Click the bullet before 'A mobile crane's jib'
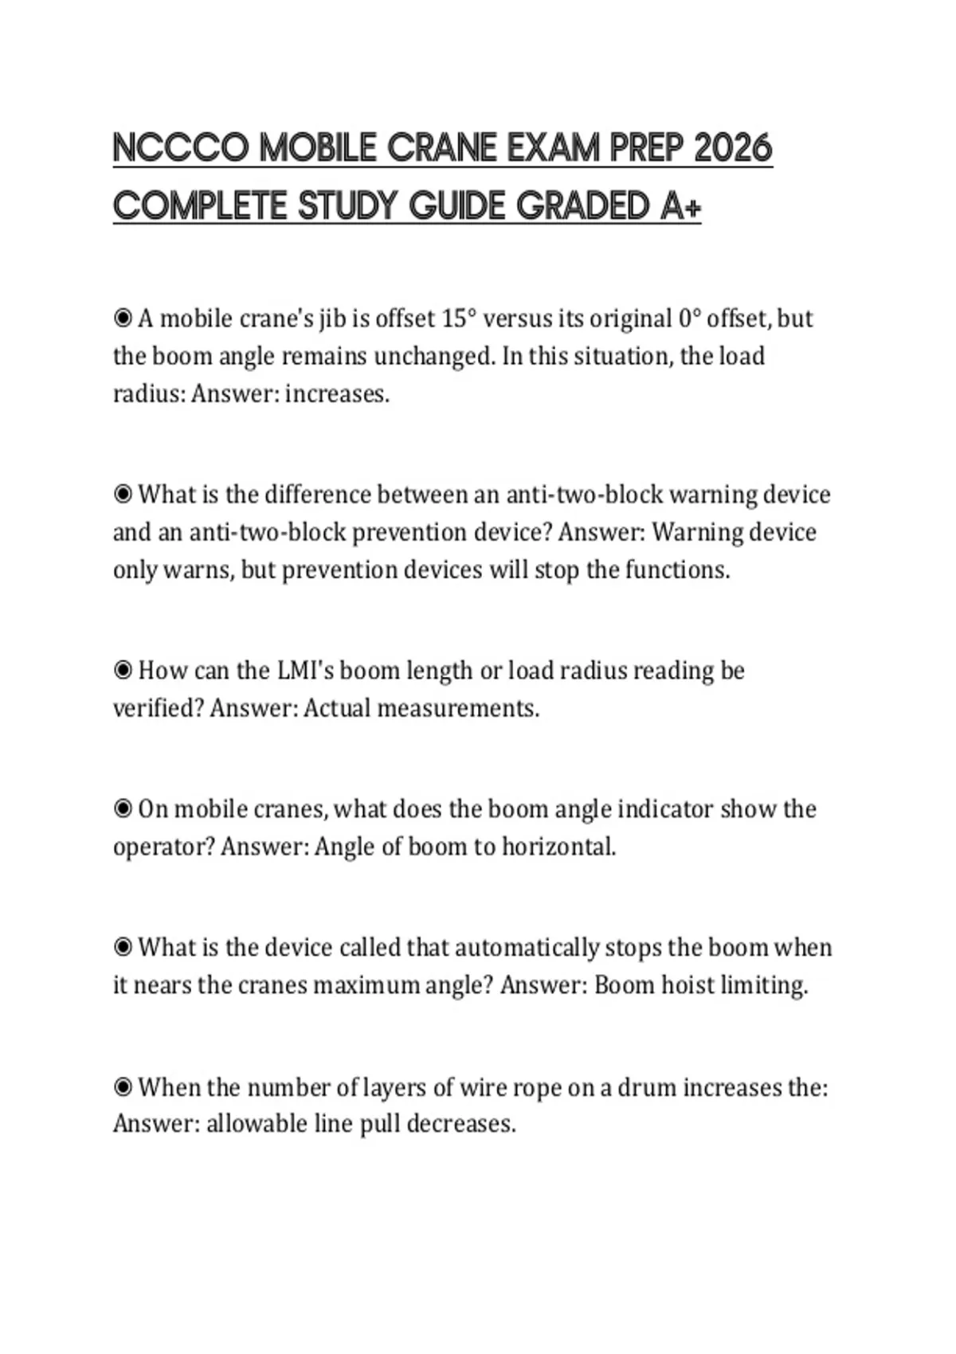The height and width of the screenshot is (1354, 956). coord(123,319)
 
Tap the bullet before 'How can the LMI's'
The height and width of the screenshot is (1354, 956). coord(123,671)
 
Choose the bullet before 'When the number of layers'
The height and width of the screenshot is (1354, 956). coord(123,1087)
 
